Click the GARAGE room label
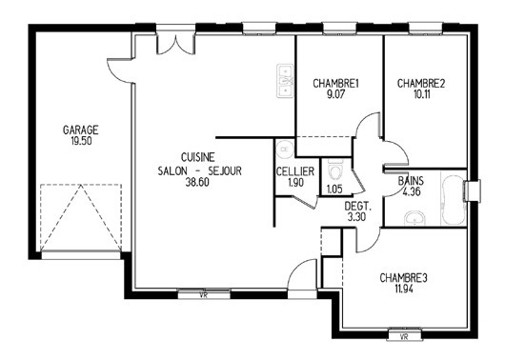(81, 130)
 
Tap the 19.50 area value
(81, 141)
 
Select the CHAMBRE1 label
(335, 84)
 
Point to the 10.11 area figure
(421, 94)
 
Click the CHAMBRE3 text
(403, 278)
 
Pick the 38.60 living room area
(197, 182)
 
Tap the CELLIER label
(295, 171)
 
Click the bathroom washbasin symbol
(414, 218)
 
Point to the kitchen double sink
(285, 81)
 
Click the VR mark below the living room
(203, 295)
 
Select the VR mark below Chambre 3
(404, 337)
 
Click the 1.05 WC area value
(334, 189)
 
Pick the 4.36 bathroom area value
(412, 192)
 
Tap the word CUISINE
(198, 157)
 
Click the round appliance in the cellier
(285, 150)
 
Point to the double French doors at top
(176, 44)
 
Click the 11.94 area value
(404, 289)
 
